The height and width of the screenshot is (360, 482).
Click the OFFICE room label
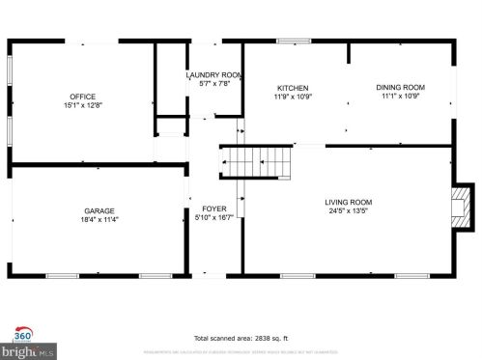(82, 96)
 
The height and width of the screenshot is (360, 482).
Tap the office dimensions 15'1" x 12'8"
(82, 105)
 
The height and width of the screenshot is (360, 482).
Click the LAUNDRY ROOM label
(213, 75)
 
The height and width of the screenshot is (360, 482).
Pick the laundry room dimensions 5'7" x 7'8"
(213, 84)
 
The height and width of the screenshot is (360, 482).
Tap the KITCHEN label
(292, 88)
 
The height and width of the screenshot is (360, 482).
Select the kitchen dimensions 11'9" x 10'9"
(292, 97)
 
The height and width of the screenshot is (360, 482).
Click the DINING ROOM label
(400, 88)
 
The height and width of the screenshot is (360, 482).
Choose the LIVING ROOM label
(348, 201)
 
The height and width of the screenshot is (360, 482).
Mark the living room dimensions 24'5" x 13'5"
(348, 210)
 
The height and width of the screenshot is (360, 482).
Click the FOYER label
(213, 209)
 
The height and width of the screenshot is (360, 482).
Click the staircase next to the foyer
(257, 161)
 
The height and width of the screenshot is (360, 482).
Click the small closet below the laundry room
(170, 126)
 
